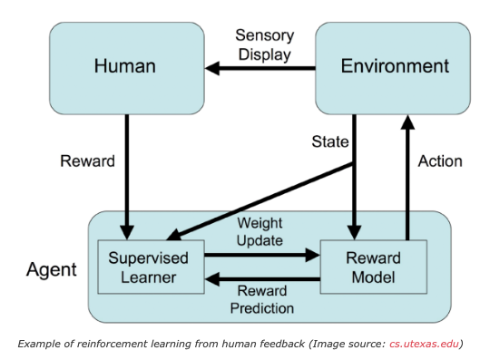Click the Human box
point(126,66)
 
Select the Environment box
point(393,66)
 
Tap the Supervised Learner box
point(151,267)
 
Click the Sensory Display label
point(263,44)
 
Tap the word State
point(330,142)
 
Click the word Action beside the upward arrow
point(439,161)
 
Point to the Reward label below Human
point(87,161)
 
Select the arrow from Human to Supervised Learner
point(127,172)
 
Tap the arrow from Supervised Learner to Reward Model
point(263,257)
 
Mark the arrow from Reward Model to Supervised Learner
point(263,279)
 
